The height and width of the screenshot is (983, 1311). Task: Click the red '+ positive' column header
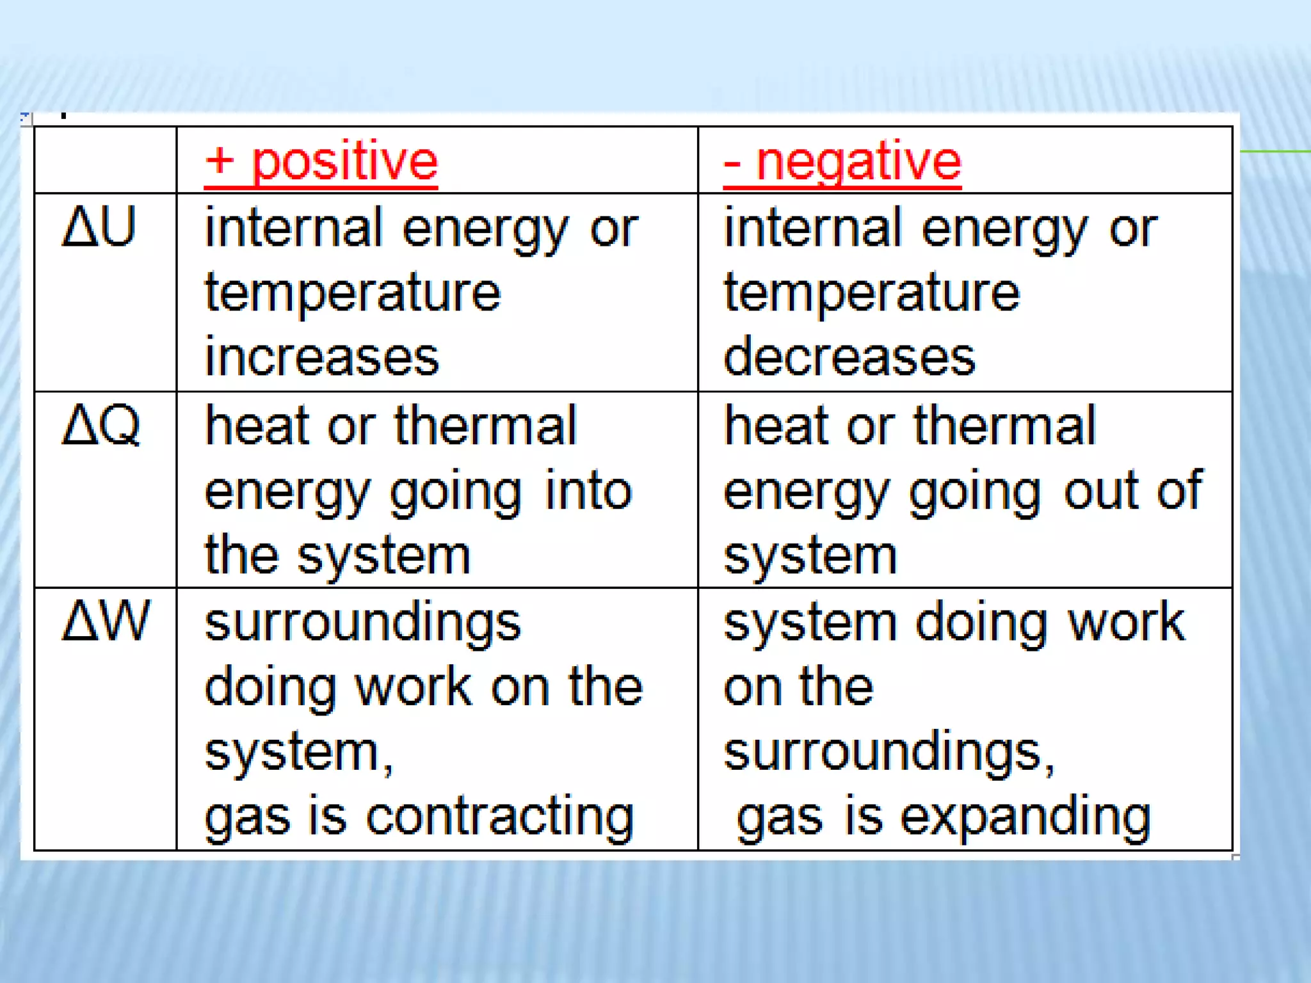pyautogui.click(x=321, y=161)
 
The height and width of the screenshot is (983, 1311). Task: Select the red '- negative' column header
pyautogui.click(x=842, y=161)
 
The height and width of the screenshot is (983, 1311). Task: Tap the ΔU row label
pyautogui.click(x=99, y=227)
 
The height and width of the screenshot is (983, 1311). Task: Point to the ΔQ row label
pyautogui.click(x=101, y=424)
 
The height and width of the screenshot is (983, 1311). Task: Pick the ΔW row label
pyautogui.click(x=106, y=620)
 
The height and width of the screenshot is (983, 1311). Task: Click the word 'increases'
pyautogui.click(x=322, y=357)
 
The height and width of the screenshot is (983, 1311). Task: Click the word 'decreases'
pyautogui.click(x=849, y=357)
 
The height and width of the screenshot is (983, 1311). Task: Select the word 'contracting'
pyautogui.click(x=500, y=818)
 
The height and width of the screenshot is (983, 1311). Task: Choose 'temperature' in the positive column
pyautogui.click(x=353, y=293)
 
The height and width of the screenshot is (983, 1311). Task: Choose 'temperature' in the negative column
pyautogui.click(x=872, y=293)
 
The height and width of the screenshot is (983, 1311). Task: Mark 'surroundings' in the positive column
pyautogui.click(x=363, y=623)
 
